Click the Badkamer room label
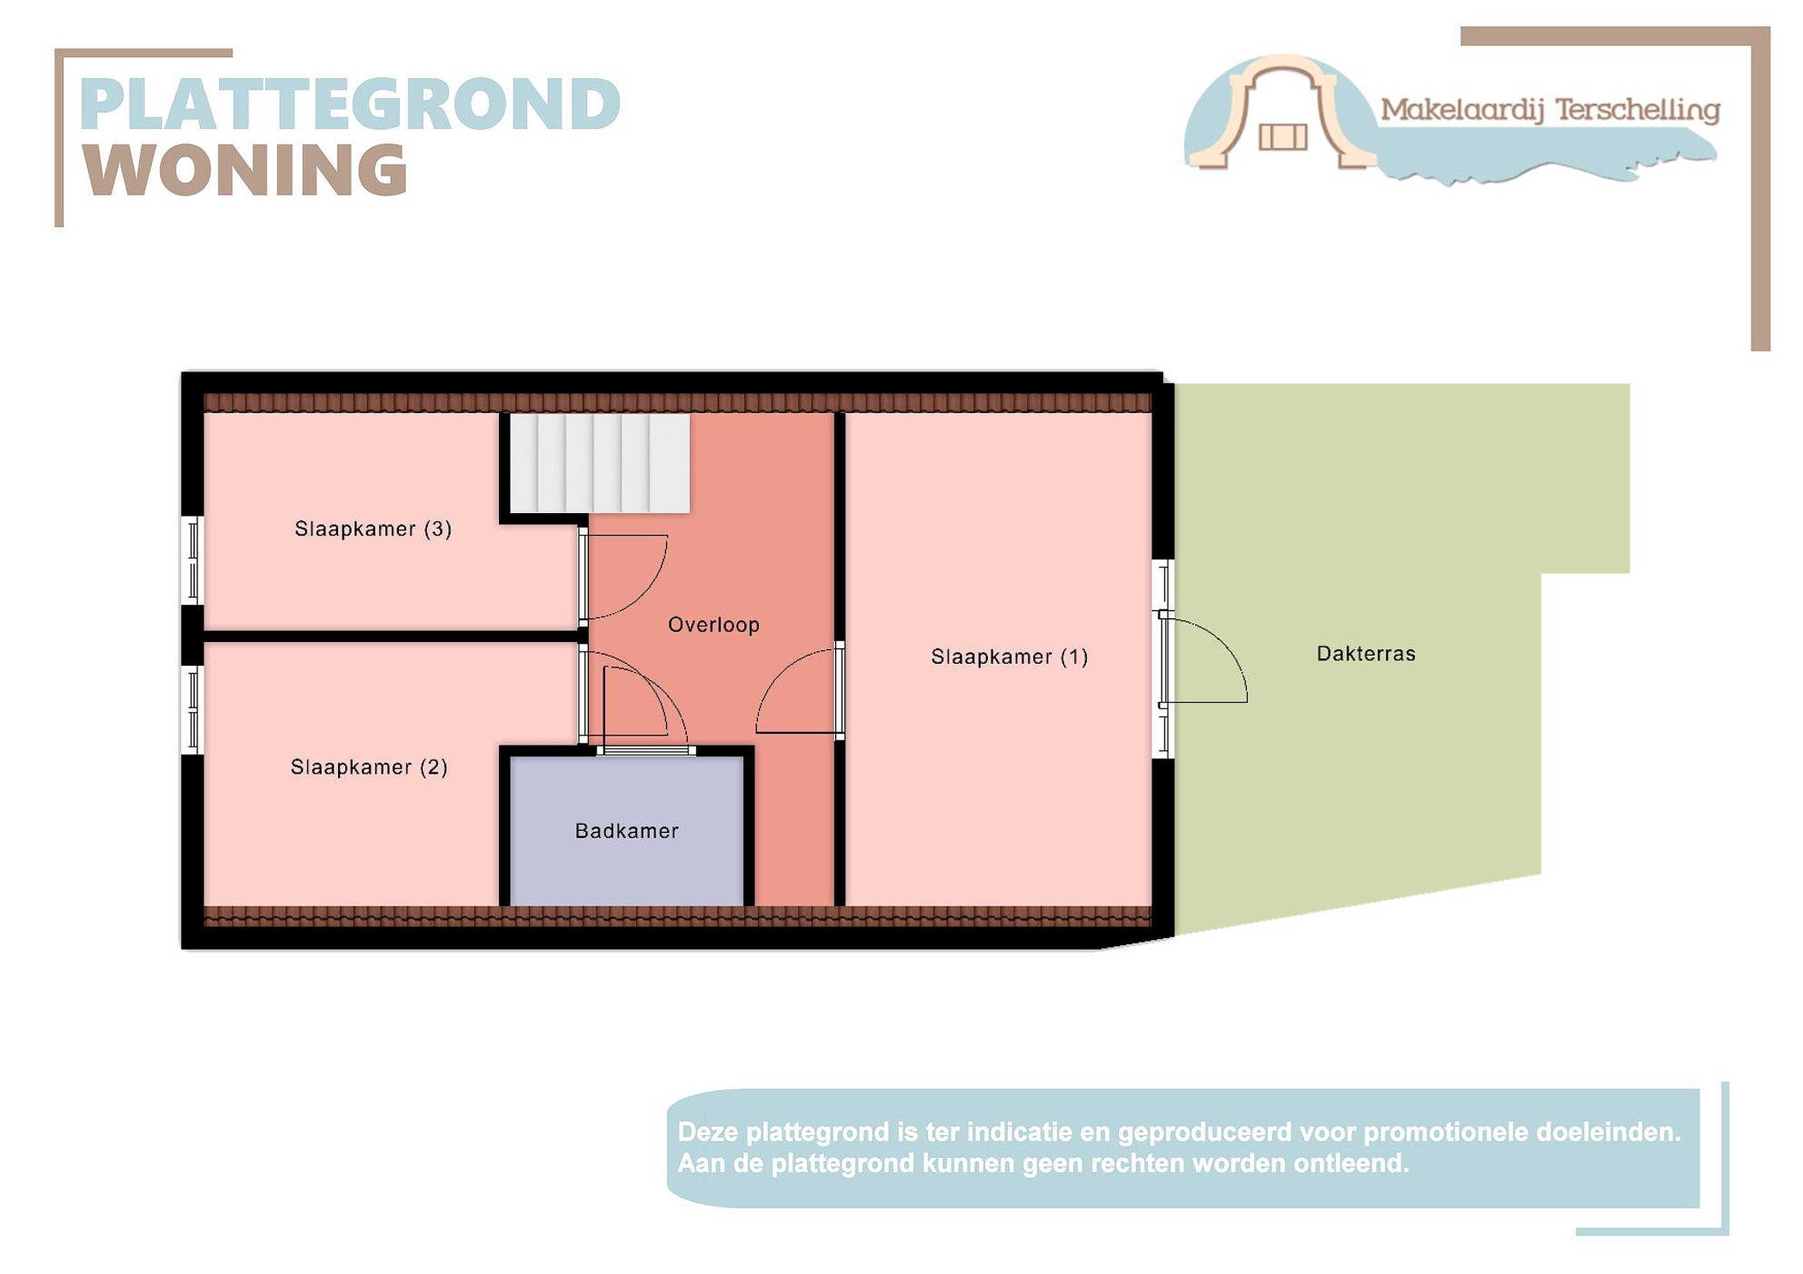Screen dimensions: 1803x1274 pos(627,830)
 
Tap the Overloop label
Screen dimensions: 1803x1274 pos(714,625)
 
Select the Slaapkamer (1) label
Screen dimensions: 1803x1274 pos(1010,656)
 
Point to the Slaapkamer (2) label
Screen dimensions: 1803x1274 pos(369,767)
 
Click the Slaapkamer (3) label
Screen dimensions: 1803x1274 pos(373,528)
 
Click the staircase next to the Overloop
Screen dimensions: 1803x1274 pos(600,464)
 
